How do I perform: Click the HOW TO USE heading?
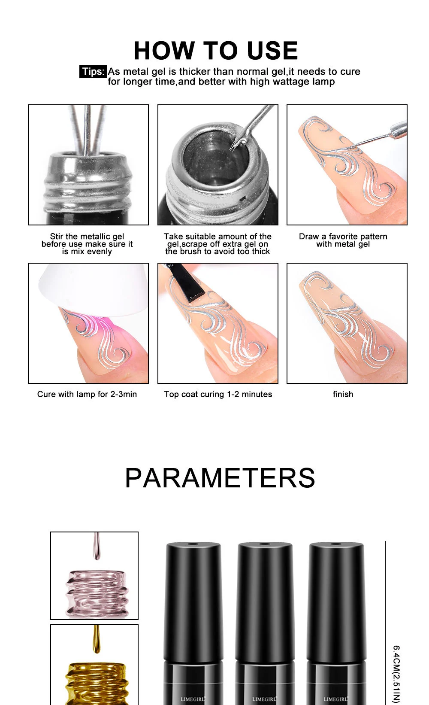[x=215, y=51]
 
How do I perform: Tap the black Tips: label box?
[x=93, y=72]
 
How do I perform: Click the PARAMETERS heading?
[x=220, y=477]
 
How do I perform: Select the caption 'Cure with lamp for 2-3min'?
[x=87, y=394]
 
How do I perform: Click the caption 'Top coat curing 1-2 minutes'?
[x=218, y=394]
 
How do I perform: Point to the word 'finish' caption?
[x=343, y=394]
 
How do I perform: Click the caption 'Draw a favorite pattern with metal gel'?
[x=343, y=240]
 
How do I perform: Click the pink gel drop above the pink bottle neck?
[x=97, y=547]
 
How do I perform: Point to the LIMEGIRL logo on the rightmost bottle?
[x=335, y=699]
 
